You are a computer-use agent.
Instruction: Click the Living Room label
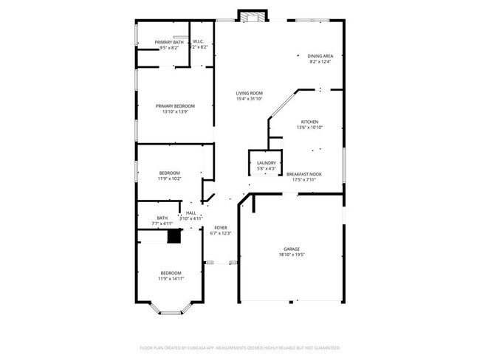point(249,93)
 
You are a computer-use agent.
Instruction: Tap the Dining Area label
point(319,56)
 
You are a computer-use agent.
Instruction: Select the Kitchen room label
point(309,122)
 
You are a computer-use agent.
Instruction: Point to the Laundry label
point(266,163)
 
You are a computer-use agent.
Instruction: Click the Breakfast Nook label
point(304,174)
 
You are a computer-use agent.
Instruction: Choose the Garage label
point(292,249)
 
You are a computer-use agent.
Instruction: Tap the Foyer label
point(221,228)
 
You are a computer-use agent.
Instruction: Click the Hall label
point(191,213)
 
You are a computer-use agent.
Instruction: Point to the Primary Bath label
point(168,42)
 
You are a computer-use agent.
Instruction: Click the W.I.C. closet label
point(199,42)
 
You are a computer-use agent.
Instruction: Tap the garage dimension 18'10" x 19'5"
point(292,255)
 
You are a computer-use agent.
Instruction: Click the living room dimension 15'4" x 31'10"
point(249,99)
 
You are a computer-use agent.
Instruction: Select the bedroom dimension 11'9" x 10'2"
point(169,179)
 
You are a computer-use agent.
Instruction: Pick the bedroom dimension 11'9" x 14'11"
point(171,279)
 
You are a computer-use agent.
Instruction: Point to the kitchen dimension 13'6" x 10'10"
point(309,128)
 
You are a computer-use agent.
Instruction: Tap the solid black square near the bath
point(174,236)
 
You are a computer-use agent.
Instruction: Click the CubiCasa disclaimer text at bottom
point(239,347)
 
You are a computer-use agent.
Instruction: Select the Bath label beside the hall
point(162,218)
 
